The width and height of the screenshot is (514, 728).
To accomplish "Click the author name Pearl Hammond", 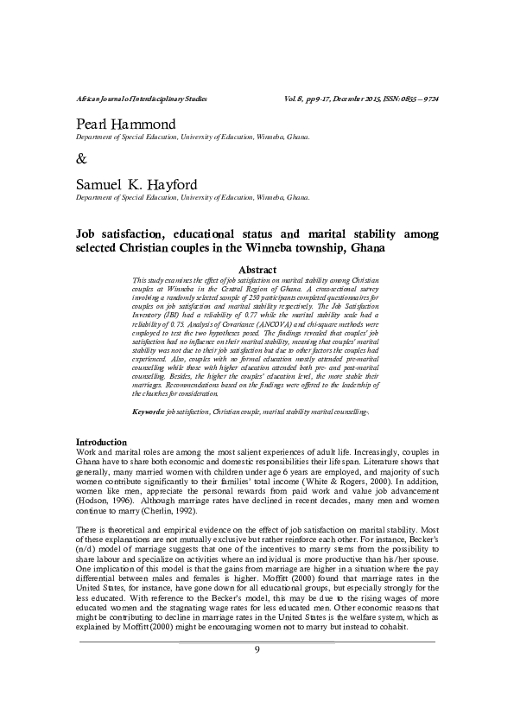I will coord(126,125).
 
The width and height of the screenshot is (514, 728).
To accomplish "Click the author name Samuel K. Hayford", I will coord(137,186).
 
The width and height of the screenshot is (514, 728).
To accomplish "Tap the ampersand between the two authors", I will coord(82,159).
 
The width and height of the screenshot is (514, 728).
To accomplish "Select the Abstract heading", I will coord(257,270).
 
